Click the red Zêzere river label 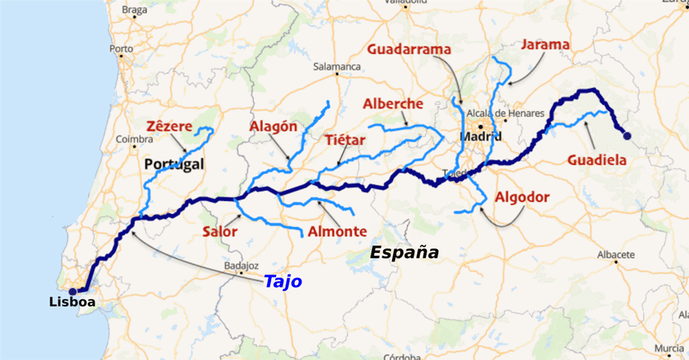coord(170,126)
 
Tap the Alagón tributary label coord(272,126)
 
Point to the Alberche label coord(393,104)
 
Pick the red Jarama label coord(545,45)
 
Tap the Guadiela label coord(597,159)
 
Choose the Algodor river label coord(522,197)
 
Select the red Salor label coord(219,231)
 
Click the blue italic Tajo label coord(283,282)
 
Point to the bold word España coord(404,253)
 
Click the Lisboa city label coord(72,302)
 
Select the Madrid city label coord(480,137)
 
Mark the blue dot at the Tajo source coord(626,135)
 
